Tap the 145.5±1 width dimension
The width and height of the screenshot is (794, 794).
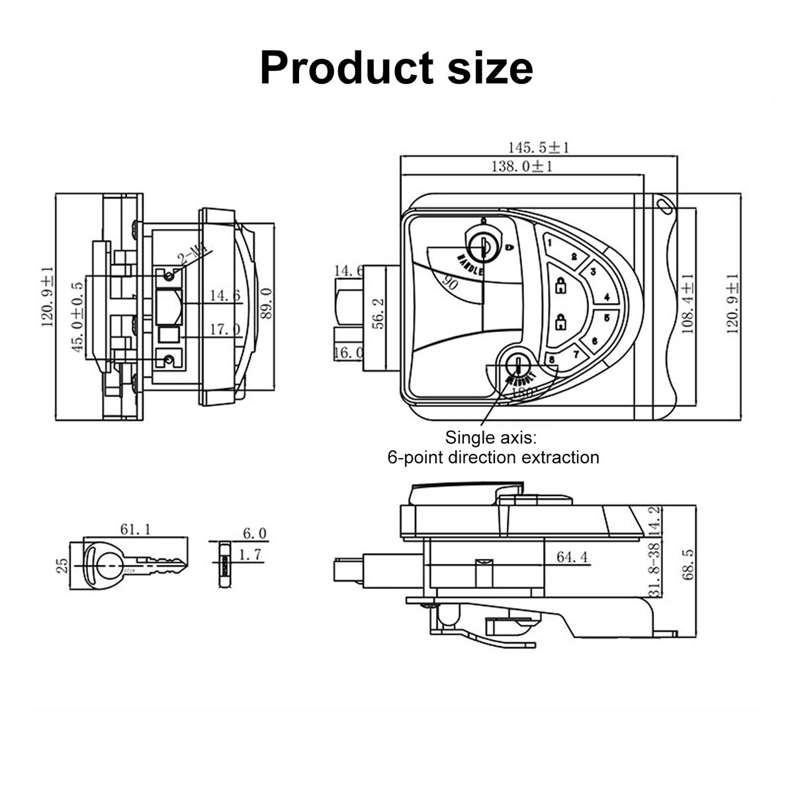[539, 147]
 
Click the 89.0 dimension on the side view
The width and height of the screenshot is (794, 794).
[267, 303]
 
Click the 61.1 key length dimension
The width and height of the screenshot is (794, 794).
[135, 529]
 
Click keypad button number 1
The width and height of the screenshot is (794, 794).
[551, 243]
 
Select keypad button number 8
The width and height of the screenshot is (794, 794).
[552, 359]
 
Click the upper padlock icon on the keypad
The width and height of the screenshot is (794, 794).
[561, 286]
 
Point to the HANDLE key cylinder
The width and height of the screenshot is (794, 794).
[483, 243]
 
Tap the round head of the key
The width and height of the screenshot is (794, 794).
[103, 562]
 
